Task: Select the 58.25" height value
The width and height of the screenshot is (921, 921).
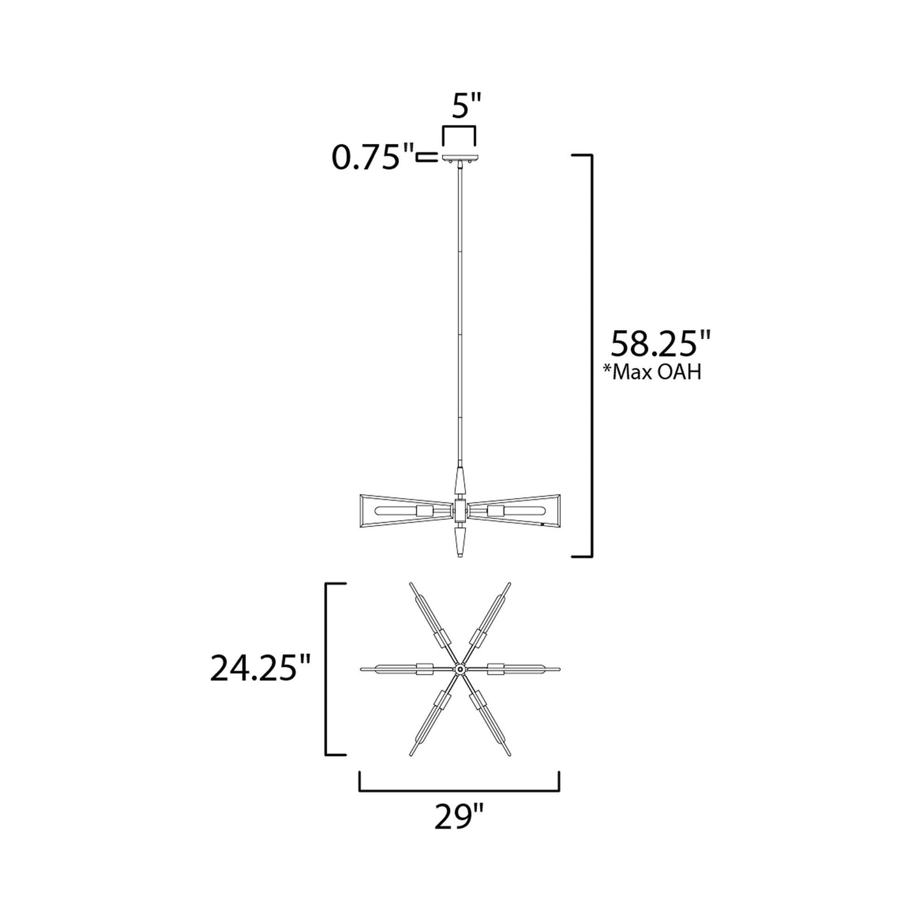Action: coord(660,345)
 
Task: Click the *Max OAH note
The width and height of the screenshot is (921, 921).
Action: coord(652,372)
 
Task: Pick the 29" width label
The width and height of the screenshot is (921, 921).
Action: coord(459,816)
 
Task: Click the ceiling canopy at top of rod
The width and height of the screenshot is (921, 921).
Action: coord(459,158)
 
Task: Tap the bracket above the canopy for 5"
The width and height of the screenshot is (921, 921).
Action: coord(459,130)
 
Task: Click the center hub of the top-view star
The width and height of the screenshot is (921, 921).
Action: coord(459,669)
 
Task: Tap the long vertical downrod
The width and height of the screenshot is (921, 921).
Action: coord(459,319)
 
